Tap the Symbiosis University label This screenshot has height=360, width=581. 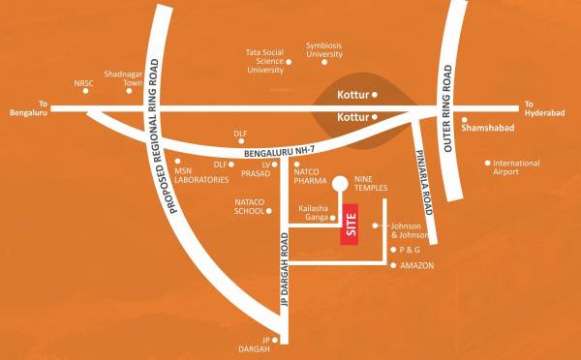[x=324, y=49]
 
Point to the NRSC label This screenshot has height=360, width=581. [x=84, y=83]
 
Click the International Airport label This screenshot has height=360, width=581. [x=516, y=168]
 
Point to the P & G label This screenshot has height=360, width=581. [x=413, y=250]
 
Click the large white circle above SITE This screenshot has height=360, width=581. [x=340, y=184]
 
